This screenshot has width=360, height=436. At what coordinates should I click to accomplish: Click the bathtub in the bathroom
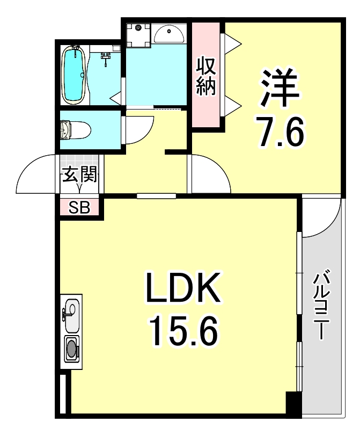[x=74, y=75]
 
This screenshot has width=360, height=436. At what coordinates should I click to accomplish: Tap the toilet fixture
[x=76, y=129]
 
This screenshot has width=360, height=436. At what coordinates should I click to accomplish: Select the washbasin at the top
[x=170, y=34]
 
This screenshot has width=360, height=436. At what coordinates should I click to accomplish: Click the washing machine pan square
[x=138, y=33]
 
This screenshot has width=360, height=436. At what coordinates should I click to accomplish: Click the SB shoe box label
[x=79, y=207]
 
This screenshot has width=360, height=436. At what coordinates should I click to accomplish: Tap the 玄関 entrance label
[x=79, y=175]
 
